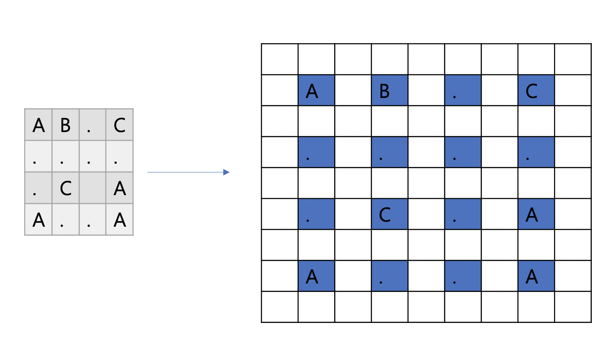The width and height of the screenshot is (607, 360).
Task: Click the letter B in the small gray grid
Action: [x=65, y=125]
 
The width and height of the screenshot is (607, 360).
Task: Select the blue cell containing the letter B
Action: [x=389, y=90]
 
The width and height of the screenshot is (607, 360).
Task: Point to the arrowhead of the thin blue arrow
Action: [x=227, y=172]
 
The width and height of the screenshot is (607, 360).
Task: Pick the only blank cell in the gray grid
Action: [x=92, y=188]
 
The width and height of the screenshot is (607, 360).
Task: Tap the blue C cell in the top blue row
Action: [x=536, y=90]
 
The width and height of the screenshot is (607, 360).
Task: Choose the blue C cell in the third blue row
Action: [x=389, y=214]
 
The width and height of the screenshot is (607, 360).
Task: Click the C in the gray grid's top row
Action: [x=119, y=125]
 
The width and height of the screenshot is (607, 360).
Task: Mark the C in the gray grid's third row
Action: [x=65, y=188]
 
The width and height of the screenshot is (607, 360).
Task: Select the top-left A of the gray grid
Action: [x=39, y=125]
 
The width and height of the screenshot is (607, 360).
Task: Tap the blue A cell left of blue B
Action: [x=316, y=90]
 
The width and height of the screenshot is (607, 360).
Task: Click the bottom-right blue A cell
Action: [x=536, y=276]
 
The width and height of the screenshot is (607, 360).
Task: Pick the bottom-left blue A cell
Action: [x=316, y=276]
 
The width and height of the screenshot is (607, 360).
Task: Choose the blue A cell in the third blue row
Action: [x=536, y=214]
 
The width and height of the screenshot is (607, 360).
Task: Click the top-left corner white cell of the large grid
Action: [x=280, y=59]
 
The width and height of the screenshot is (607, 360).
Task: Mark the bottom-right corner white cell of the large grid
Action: [x=573, y=307]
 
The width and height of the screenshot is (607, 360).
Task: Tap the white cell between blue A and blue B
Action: [x=353, y=90]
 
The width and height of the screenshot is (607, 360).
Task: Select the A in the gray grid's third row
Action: [x=119, y=188]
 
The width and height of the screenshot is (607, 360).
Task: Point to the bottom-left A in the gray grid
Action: [x=39, y=220]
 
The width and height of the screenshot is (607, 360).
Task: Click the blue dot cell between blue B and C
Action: [x=463, y=90]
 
